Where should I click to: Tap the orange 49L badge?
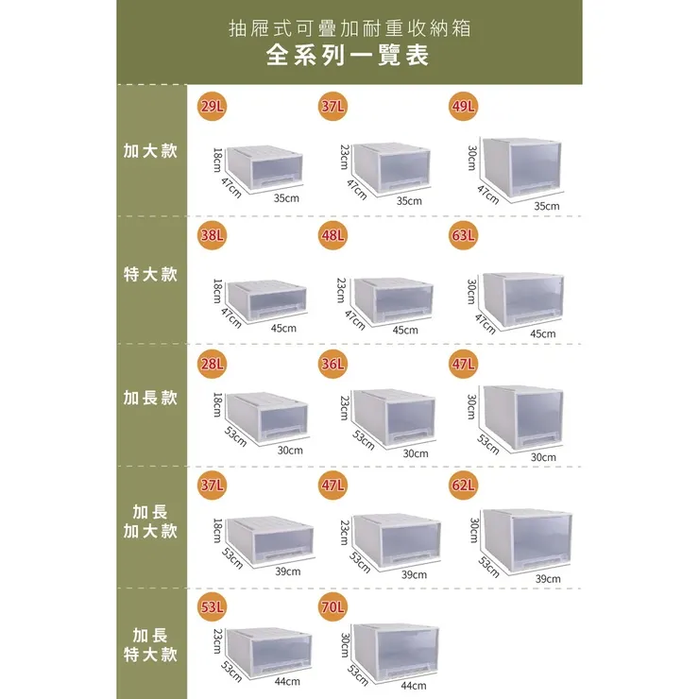pyautogui.click(x=463, y=107)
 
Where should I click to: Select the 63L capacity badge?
pyautogui.click(x=463, y=235)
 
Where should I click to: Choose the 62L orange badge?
pyautogui.click(x=463, y=486)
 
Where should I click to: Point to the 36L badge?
pyautogui.click(x=332, y=363)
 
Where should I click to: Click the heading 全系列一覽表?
pyautogui.click(x=349, y=56)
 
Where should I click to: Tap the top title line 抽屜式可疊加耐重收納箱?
pyautogui.click(x=349, y=26)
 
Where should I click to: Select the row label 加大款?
pyautogui.click(x=150, y=151)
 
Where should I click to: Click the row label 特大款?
pyautogui.click(x=150, y=274)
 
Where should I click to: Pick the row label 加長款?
pyautogui.click(x=150, y=398)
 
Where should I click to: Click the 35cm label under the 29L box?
pyautogui.click(x=286, y=198)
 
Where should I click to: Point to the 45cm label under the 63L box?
pyautogui.click(x=543, y=333)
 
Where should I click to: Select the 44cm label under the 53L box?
pyautogui.click(x=287, y=681)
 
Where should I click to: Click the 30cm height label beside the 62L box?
pyautogui.click(x=474, y=530)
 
